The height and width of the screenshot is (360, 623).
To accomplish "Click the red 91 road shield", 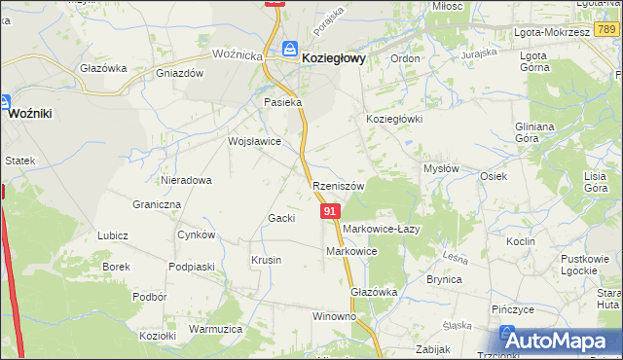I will (330, 211).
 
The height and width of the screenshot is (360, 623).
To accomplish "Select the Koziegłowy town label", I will (334, 58).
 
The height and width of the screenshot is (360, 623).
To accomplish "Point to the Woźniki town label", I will (29, 114).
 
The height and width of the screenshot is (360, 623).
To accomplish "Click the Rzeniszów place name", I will (338, 186).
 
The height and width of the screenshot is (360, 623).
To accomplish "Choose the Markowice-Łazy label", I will (381, 229).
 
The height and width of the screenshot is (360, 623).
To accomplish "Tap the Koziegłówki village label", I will (393, 119).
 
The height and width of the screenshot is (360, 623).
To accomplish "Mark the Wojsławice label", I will (254, 141).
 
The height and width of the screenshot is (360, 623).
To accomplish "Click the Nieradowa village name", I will (187, 180).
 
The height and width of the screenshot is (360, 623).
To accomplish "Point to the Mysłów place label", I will (441, 168).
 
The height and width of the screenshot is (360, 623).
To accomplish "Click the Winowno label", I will (334, 317).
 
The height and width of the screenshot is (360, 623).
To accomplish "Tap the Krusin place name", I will (266, 261).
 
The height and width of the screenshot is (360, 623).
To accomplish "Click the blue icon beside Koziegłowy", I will (290, 49).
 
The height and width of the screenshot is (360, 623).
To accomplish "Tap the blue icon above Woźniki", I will (5, 101).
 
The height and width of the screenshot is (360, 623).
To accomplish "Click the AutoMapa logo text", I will (563, 342).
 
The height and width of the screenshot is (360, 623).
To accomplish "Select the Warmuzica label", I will (215, 330).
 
